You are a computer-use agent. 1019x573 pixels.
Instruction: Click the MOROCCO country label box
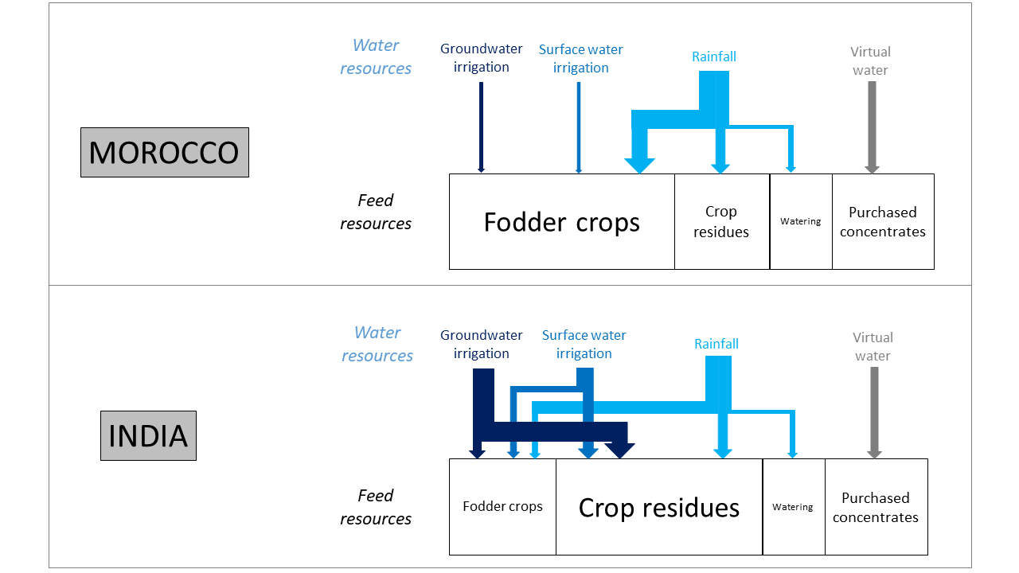click(x=165, y=152)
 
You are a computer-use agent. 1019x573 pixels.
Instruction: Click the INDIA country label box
click(x=148, y=435)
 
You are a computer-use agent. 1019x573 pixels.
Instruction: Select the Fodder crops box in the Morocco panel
click(x=561, y=222)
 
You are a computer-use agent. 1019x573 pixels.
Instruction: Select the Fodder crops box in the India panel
click(x=502, y=506)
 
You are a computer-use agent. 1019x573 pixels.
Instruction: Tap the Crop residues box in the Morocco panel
click(x=721, y=222)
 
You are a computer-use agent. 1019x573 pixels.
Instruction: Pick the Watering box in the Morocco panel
click(x=801, y=221)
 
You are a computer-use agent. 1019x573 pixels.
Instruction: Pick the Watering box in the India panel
click(x=793, y=507)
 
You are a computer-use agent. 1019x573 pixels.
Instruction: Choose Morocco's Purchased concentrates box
click(x=883, y=222)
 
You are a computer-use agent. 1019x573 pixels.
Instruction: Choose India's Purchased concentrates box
click(x=876, y=507)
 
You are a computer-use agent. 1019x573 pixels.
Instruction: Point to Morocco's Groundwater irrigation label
click(x=482, y=58)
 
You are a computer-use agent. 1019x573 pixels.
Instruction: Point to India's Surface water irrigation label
click(x=584, y=344)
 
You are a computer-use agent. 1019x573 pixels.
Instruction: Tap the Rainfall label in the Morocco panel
click(x=714, y=57)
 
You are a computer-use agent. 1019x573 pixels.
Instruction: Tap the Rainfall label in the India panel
click(x=716, y=344)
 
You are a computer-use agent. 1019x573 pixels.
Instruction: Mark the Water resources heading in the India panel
click(x=377, y=344)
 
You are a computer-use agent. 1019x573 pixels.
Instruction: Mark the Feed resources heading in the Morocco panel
click(x=376, y=212)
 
